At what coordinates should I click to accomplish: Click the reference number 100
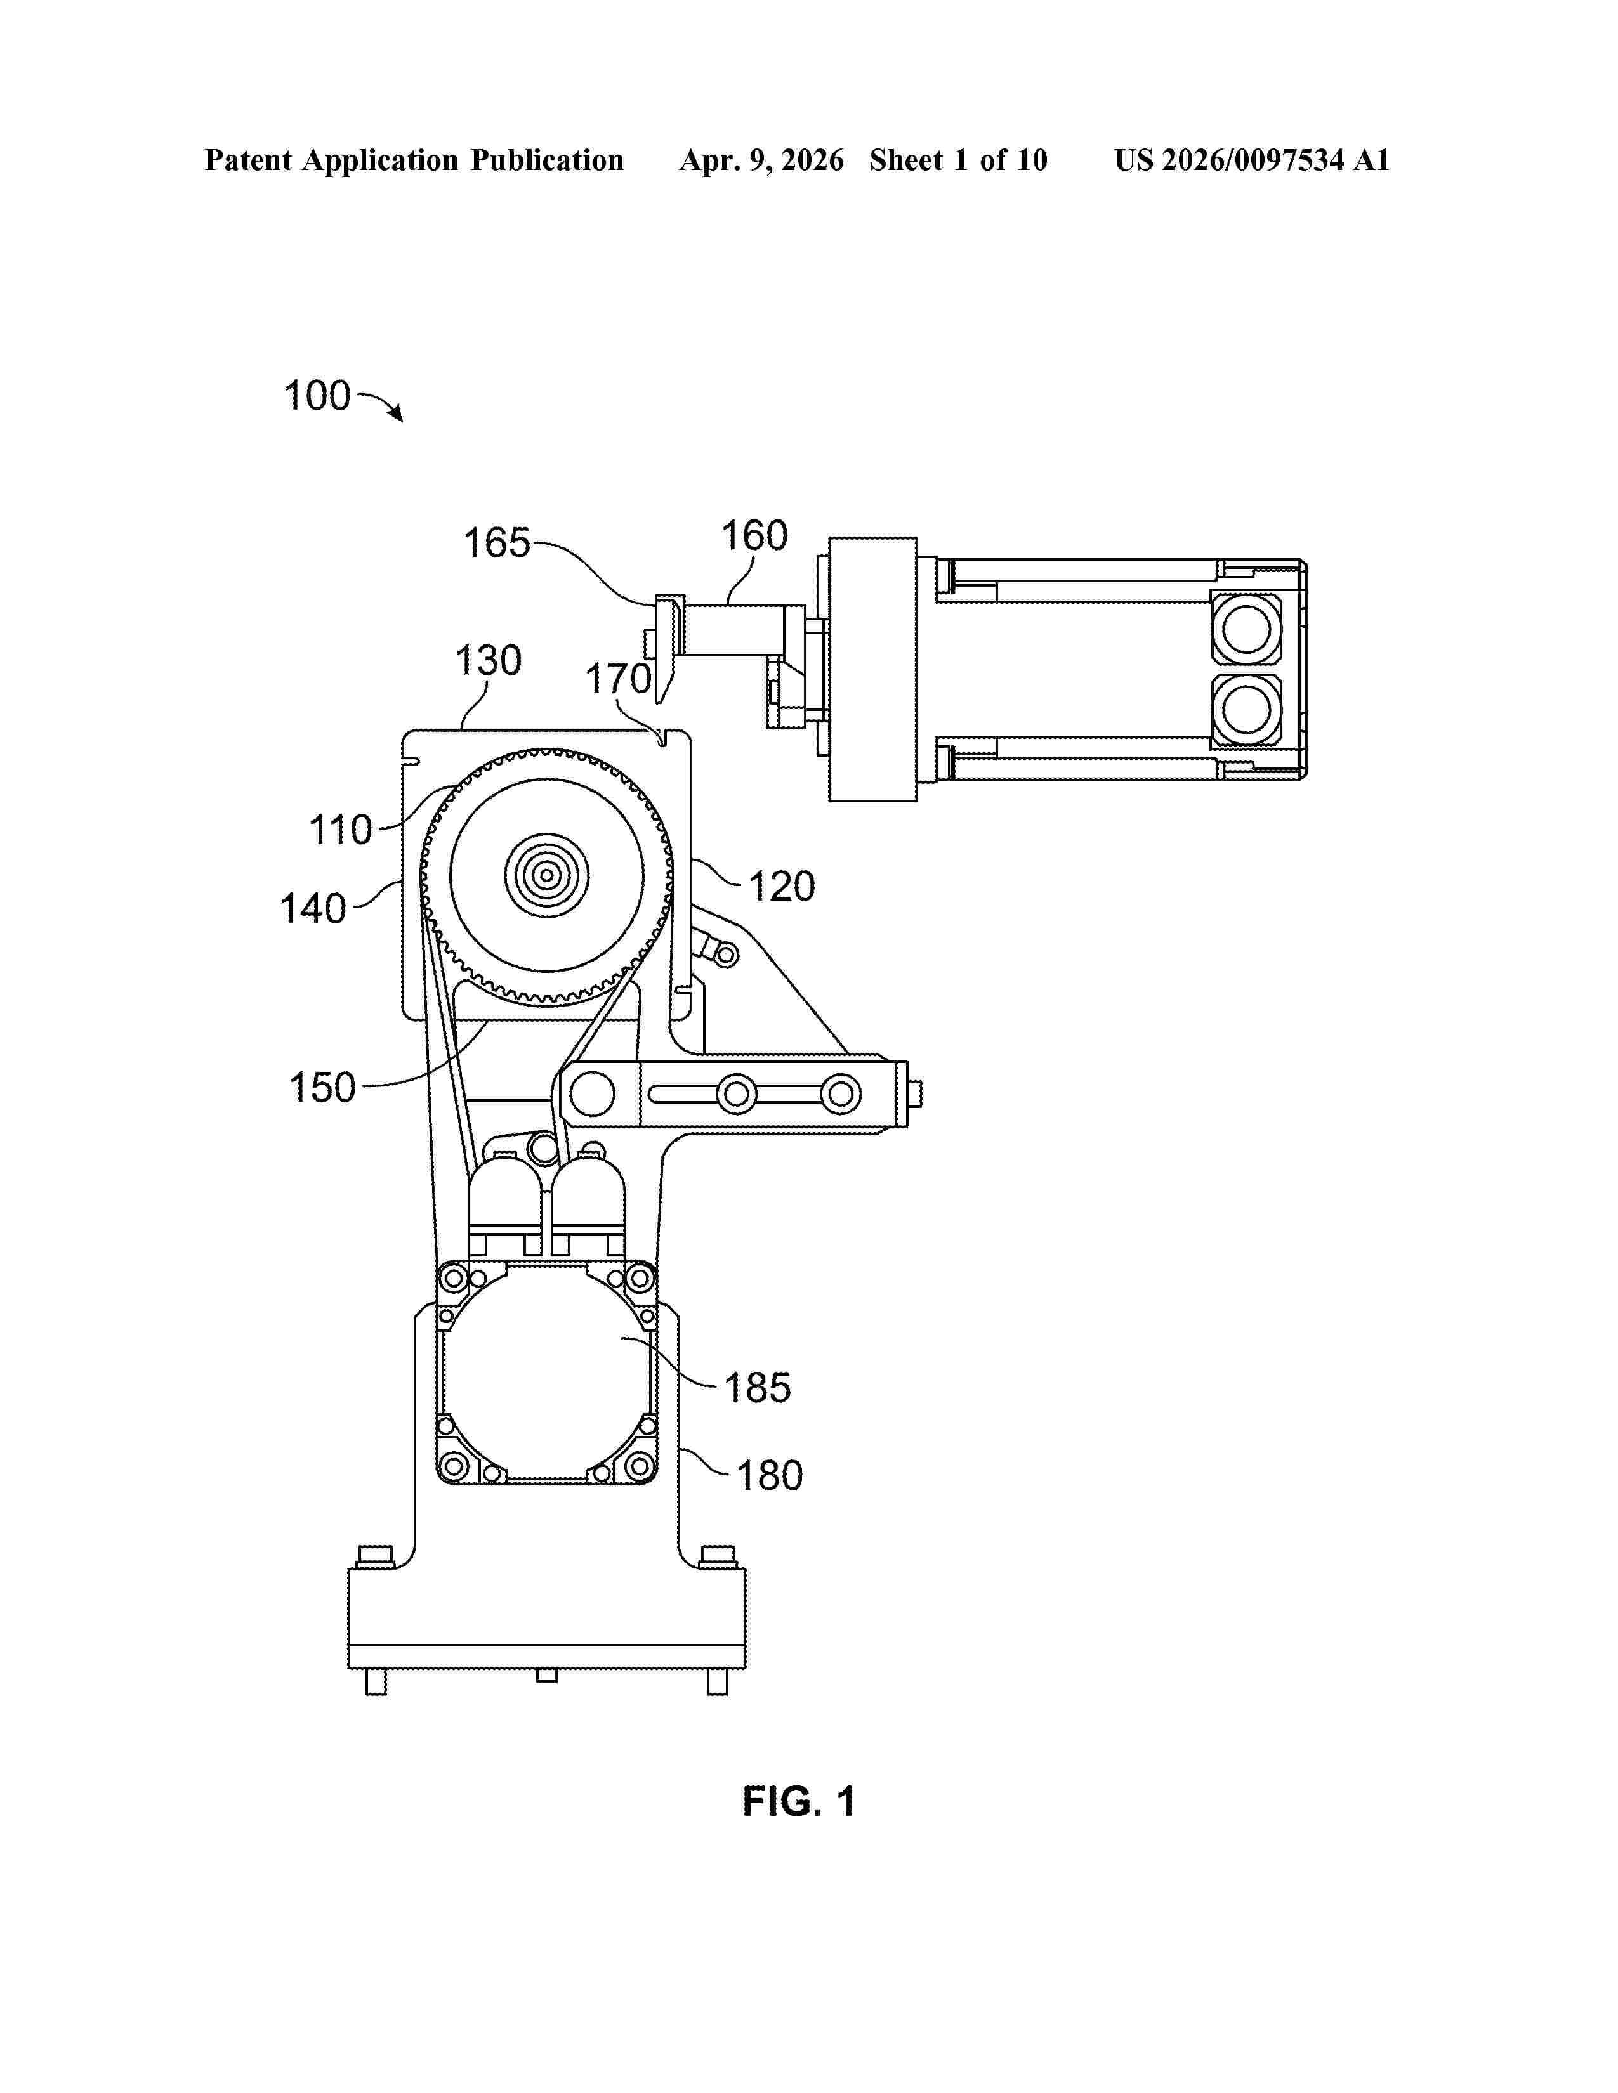(x=317, y=396)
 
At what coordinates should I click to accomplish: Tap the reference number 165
(x=497, y=544)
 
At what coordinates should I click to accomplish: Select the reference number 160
(x=754, y=536)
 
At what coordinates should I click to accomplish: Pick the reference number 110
(x=340, y=830)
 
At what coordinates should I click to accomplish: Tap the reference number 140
(x=312, y=908)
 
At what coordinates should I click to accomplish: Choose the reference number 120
(x=781, y=887)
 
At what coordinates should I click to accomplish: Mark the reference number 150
(x=322, y=1088)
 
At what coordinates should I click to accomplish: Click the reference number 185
(x=757, y=1388)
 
